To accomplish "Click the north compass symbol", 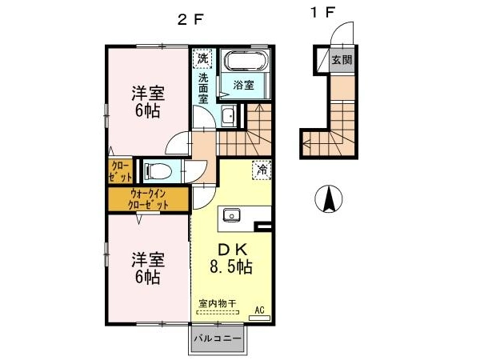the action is pos(329,199).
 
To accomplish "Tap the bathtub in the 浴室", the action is pos(246,61).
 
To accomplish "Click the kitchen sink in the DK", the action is pos(232,215).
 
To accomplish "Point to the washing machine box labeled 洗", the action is pos(202,58).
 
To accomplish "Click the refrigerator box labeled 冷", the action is pos(262,170).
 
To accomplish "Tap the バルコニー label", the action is pos(218,339).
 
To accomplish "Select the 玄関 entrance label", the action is pos(342,60).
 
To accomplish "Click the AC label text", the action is pos(259,310).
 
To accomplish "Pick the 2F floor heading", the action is pos(190,20).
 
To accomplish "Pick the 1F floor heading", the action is pos(322,13).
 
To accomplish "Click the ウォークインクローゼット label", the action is pos(148,199).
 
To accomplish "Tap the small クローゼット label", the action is pos(122,171).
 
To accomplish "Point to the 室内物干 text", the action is pos(218,304).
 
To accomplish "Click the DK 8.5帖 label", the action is pos(231,258).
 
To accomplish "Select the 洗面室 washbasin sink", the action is pos(228,116).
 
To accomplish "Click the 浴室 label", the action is pos(244,85).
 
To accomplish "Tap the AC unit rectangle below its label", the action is pos(259,318).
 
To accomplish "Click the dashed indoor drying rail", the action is pos(218,313).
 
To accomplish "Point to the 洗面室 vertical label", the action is pos(203,88).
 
